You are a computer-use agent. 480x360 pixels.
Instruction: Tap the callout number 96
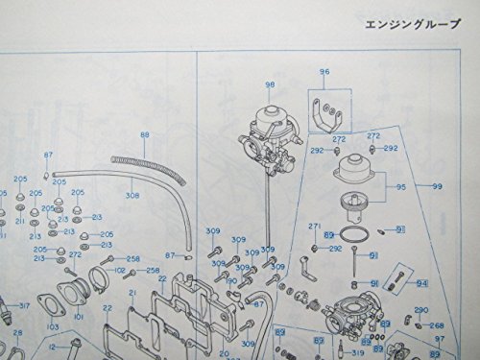pos(324,72)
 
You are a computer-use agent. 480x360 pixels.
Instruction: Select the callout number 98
pos(270,85)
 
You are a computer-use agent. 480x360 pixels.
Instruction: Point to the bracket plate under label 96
pos(329,112)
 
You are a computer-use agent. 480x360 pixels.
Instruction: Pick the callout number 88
pos(145,135)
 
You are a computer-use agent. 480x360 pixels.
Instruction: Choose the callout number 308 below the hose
pos(132,195)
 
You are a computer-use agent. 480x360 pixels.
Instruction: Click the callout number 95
pos(400,187)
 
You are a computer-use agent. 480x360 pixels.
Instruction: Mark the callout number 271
pos(313,225)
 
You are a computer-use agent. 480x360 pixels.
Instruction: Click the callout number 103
pos(53,328)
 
